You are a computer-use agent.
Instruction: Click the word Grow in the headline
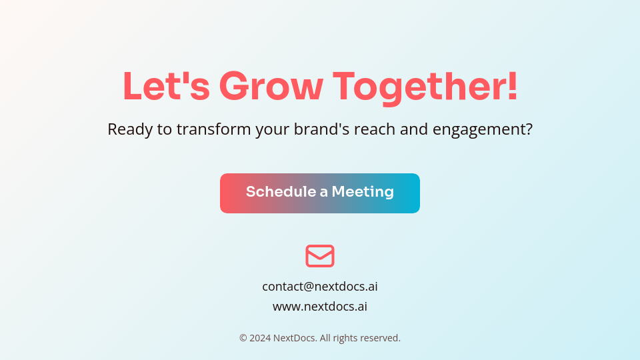pyautogui.click(x=271, y=87)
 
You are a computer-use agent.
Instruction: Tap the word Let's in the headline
pyautogui.click(x=166, y=87)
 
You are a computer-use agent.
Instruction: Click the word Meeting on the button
pyautogui.click(x=363, y=192)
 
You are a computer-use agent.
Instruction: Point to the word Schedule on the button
pyautogui.click(x=281, y=192)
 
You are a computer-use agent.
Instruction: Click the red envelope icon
pyautogui.click(x=320, y=256)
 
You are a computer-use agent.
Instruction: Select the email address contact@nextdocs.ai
pyautogui.click(x=320, y=287)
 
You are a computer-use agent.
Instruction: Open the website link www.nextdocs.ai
pyautogui.click(x=320, y=307)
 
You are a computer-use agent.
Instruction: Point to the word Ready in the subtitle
pyautogui.click(x=130, y=129)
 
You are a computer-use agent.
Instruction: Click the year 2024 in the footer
pyautogui.click(x=260, y=338)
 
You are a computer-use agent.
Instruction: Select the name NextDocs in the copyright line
pyautogui.click(x=295, y=338)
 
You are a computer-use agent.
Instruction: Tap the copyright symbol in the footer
pyautogui.click(x=243, y=338)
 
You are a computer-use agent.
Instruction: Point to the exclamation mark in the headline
pyautogui.click(x=512, y=87)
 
